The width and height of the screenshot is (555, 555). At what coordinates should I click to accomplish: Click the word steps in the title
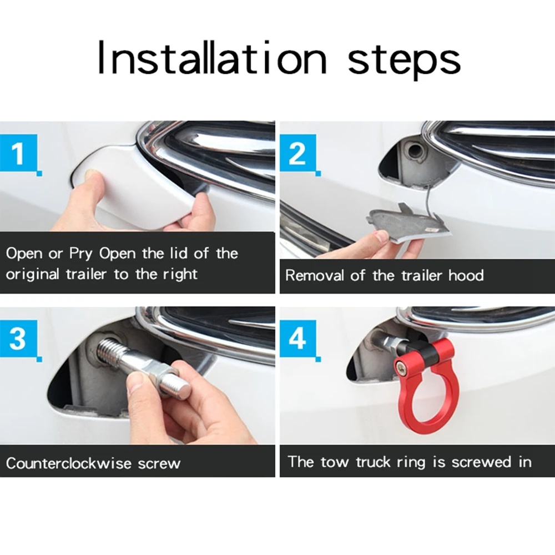403,60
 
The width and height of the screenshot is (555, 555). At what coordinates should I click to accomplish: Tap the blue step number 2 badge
297,152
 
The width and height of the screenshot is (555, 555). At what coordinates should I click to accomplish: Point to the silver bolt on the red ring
398,365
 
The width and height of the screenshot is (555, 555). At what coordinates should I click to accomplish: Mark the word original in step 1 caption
34,275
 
